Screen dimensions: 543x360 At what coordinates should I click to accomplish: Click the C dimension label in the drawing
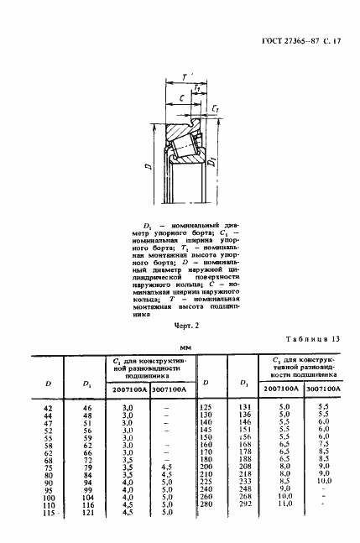tap(180, 99)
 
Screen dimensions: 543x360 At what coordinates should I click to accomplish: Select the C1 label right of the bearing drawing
tap(216, 110)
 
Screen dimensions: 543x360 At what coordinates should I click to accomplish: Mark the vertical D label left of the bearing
tap(148, 167)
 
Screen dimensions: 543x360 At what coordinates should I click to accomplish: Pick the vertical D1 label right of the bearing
tap(216, 159)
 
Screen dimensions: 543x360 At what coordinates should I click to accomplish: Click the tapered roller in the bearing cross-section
tap(182, 149)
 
